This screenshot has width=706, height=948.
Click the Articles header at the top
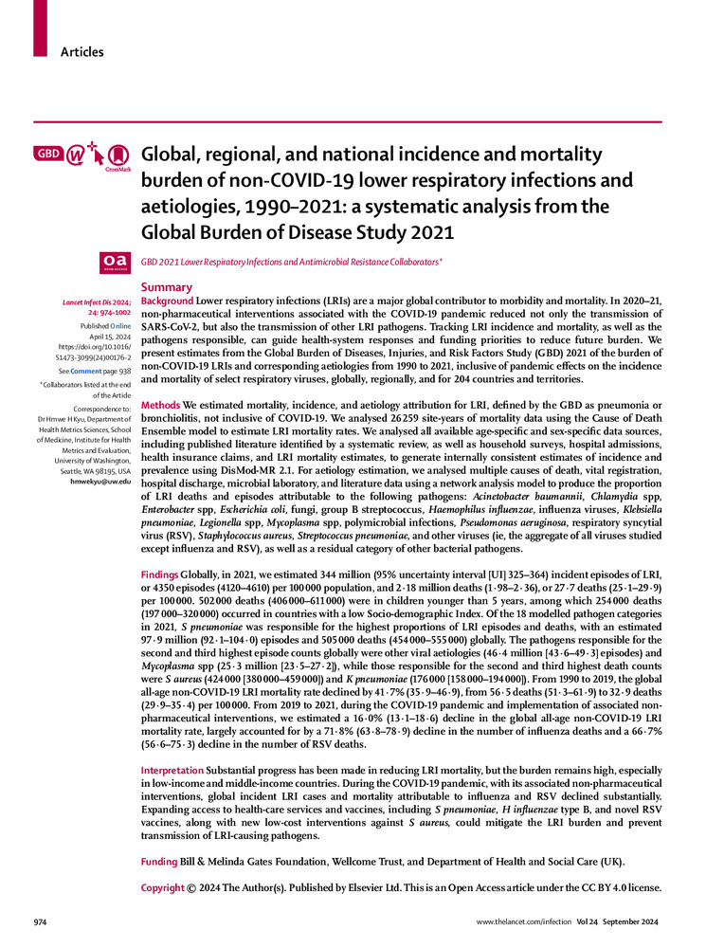[81, 52]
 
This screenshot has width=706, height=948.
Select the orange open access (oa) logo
[115, 261]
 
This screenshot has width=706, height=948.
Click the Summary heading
[166, 287]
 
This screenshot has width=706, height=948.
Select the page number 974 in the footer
[41, 921]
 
